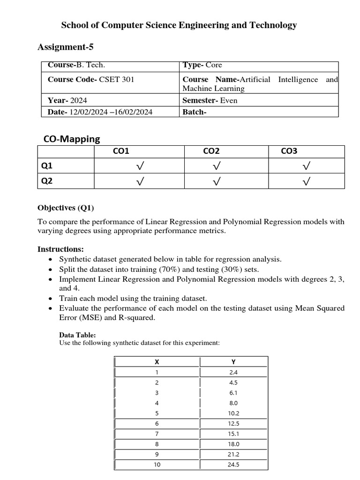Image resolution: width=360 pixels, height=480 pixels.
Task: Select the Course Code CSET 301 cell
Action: pyautogui.click(x=91, y=80)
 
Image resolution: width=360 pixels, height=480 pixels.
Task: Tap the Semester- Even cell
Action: pyautogui.click(x=210, y=100)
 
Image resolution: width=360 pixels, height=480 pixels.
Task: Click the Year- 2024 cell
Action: pyautogui.click(x=67, y=100)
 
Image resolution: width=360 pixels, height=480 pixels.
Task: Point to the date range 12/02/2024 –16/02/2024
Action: pyautogui.click(x=111, y=112)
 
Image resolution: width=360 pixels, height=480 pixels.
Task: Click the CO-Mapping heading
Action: pyautogui.click(x=72, y=139)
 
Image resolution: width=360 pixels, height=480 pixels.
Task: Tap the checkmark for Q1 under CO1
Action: pyautogui.click(x=139, y=166)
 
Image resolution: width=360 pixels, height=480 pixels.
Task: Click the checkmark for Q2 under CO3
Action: pyautogui.click(x=306, y=182)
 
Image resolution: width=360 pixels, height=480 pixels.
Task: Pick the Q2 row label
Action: pyautogui.click(x=47, y=181)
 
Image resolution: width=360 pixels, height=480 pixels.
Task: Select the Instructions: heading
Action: pyautogui.click(x=60, y=249)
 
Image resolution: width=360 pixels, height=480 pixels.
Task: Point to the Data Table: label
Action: pyautogui.click(x=77, y=335)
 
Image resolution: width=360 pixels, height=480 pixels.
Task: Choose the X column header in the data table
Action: pyautogui.click(x=157, y=361)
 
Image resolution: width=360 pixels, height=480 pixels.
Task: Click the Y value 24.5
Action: pyautogui.click(x=234, y=465)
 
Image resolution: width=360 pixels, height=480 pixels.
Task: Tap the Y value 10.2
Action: pyautogui.click(x=234, y=413)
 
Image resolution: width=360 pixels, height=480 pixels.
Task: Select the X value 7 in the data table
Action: pyautogui.click(x=157, y=434)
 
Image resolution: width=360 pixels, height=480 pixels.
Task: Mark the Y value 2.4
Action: pyautogui.click(x=234, y=372)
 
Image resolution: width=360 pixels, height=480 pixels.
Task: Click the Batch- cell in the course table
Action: pyautogui.click(x=195, y=112)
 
